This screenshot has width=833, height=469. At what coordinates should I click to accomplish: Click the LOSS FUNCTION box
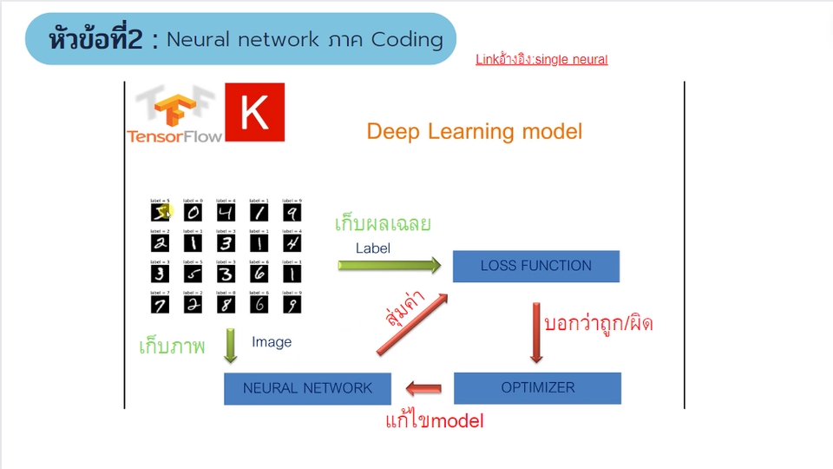536,266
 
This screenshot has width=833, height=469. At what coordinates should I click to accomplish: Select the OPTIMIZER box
537,387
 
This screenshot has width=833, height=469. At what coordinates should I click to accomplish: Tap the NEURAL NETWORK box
307,388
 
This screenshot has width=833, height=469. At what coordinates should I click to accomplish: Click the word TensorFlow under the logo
174,135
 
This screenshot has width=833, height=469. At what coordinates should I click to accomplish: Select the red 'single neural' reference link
541,60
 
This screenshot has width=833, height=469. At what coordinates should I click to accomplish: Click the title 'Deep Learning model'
474,132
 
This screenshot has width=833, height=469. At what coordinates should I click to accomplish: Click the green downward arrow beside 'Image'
231,345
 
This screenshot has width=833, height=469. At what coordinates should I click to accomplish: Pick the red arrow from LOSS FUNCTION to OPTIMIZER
536,331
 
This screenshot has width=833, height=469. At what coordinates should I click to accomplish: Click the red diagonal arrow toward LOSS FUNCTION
413,324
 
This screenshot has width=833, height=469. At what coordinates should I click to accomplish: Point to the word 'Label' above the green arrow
373,248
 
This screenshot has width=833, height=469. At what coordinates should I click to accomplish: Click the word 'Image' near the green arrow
272,342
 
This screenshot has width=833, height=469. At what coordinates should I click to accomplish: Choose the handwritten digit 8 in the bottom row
226,303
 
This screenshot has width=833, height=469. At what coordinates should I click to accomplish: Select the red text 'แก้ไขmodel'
434,422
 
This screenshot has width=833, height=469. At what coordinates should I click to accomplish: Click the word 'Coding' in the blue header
407,40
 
